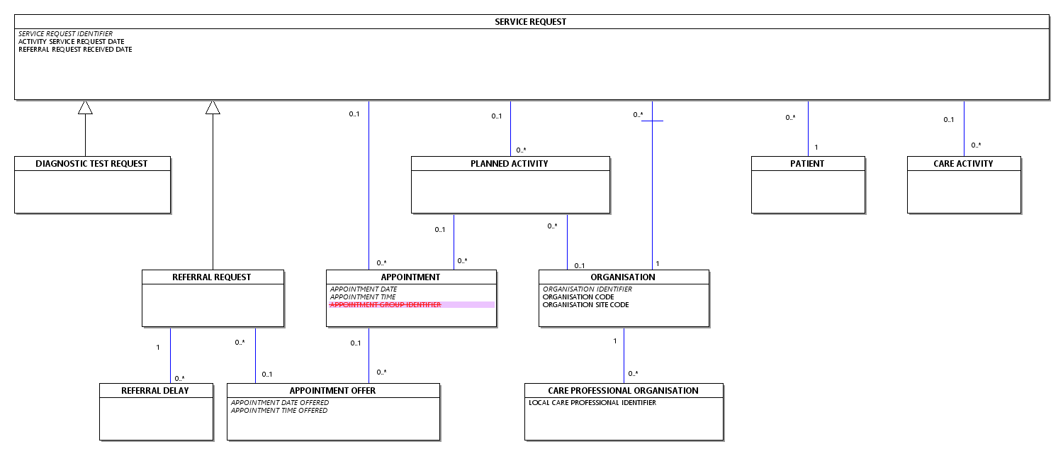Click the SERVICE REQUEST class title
tap(530, 22)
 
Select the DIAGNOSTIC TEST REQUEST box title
tap(91, 164)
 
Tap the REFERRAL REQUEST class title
tap(212, 277)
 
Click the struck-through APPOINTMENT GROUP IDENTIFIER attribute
tap(386, 305)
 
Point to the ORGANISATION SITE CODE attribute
tap(585, 305)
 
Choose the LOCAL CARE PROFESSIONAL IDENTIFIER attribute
tap(592, 403)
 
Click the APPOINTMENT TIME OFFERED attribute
tap(279, 411)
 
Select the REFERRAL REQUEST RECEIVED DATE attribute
tap(75, 50)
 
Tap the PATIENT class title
tap(807, 164)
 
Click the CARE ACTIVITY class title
tap(963, 164)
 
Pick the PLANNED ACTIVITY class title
tap(510, 164)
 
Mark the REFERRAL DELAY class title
tap(155, 391)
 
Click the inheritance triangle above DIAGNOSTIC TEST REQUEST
tap(86, 107)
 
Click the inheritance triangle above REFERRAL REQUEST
tap(213, 107)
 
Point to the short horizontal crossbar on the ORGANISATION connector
tap(653, 121)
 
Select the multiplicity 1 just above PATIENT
tap(816, 148)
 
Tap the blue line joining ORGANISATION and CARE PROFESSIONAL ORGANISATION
tap(624, 355)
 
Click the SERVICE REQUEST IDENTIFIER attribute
tap(65, 34)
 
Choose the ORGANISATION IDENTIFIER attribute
tap(587, 289)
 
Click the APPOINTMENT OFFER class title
tap(332, 391)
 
